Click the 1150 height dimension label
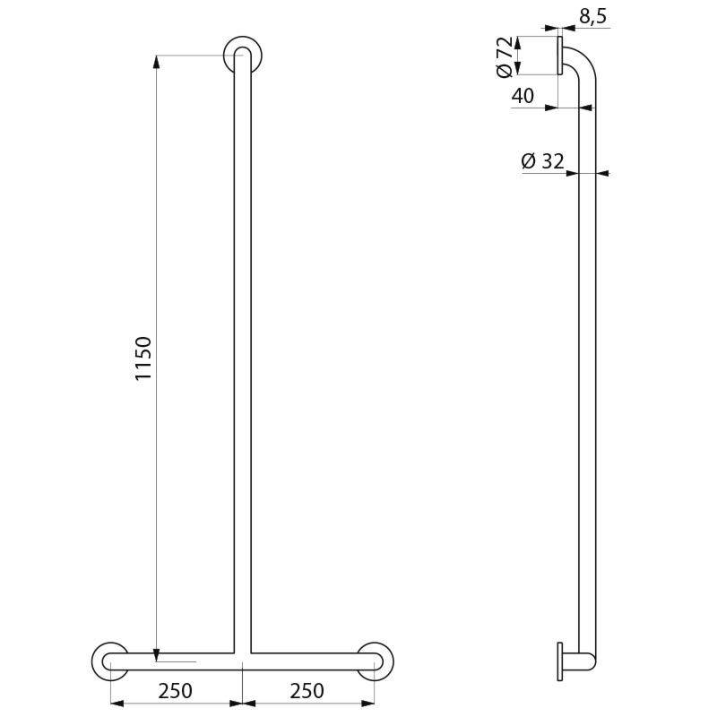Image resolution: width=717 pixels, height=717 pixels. click(143, 358)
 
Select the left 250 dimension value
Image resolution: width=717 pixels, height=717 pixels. click(175, 691)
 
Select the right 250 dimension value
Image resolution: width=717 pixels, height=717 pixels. click(307, 691)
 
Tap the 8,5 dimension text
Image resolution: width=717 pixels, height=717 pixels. click(592, 15)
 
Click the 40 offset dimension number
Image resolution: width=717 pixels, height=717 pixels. click(524, 95)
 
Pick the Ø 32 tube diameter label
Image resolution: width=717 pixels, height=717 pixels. click(542, 161)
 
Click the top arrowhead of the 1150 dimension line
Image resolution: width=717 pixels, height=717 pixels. click(156, 61)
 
